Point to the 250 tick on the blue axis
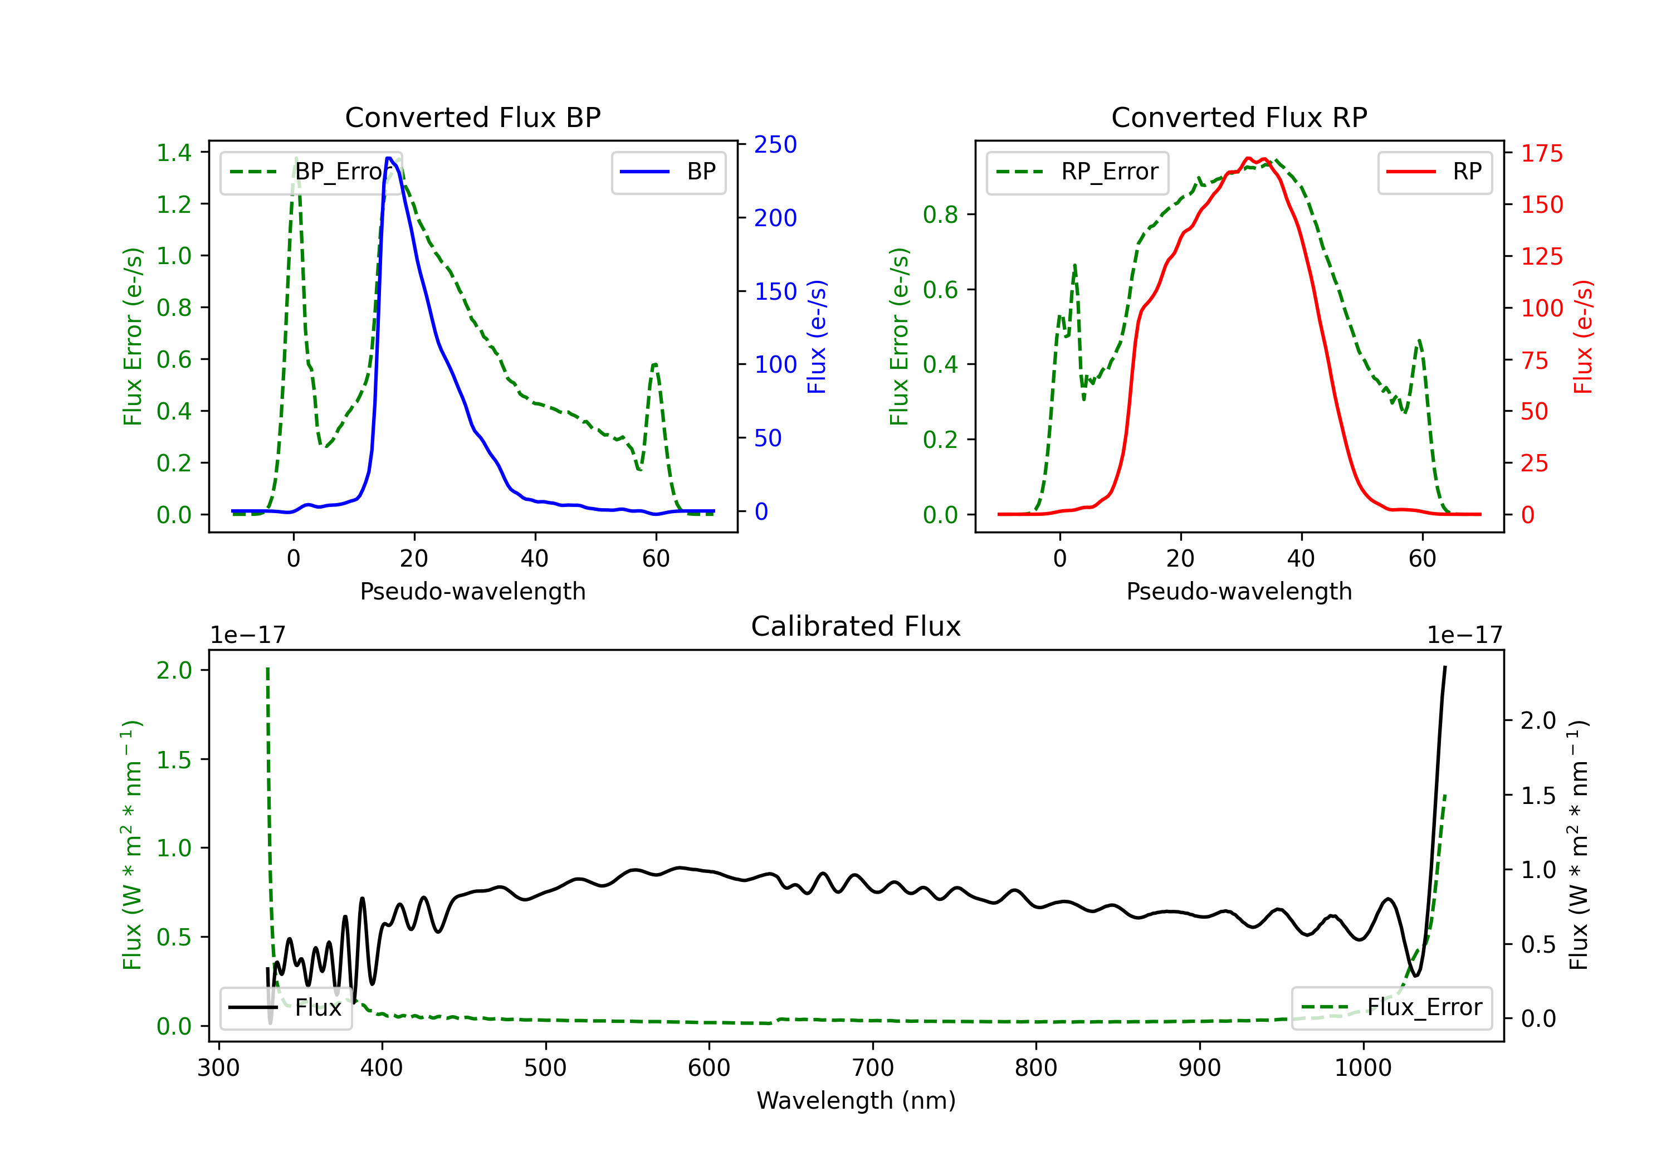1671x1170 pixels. (x=775, y=145)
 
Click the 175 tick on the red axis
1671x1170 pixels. (x=1541, y=154)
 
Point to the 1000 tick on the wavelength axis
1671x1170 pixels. (x=1362, y=1068)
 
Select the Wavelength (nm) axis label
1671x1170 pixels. (x=856, y=1101)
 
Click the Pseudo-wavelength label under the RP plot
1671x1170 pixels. (x=1239, y=592)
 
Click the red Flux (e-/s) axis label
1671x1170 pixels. (x=1582, y=337)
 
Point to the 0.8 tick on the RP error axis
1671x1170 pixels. (x=940, y=215)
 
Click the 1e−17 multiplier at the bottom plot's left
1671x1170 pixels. (x=247, y=636)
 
